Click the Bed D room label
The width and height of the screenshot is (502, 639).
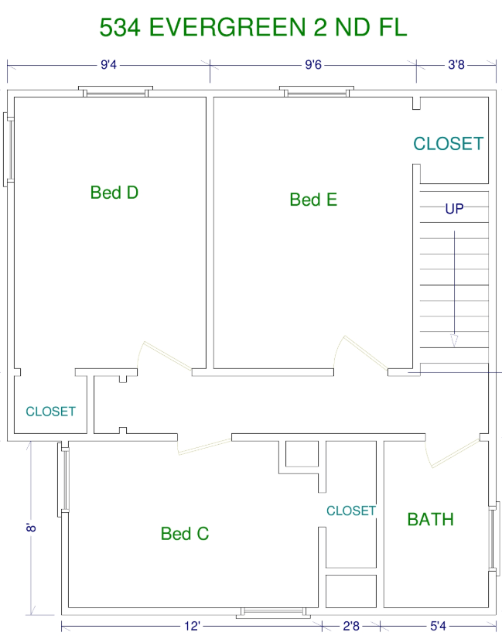click(114, 193)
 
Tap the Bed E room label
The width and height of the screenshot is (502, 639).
click(313, 200)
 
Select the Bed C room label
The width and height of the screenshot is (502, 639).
click(185, 534)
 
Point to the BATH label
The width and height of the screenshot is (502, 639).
click(431, 519)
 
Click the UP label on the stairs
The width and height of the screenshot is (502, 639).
click(454, 209)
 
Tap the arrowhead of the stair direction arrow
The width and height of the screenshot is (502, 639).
click(454, 340)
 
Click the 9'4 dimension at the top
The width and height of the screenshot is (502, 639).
click(108, 65)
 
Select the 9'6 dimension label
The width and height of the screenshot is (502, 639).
click(313, 65)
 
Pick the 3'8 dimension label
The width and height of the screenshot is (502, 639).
click(456, 65)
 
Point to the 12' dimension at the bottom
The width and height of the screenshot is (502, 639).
click(192, 626)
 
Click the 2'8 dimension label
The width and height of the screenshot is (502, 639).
click(351, 626)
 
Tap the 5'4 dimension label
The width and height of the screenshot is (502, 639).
click(439, 626)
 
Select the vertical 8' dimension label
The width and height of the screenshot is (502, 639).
click(31, 528)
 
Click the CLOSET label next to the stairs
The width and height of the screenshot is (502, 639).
click(449, 144)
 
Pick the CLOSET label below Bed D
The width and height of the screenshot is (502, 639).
click(50, 412)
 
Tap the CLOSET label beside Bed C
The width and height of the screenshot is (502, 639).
click(351, 511)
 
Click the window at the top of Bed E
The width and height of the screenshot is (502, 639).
click(316, 91)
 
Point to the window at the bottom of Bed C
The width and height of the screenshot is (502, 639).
click(273, 612)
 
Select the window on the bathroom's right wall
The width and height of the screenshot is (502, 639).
click(493, 538)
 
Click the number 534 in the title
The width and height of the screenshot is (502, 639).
click(120, 27)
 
